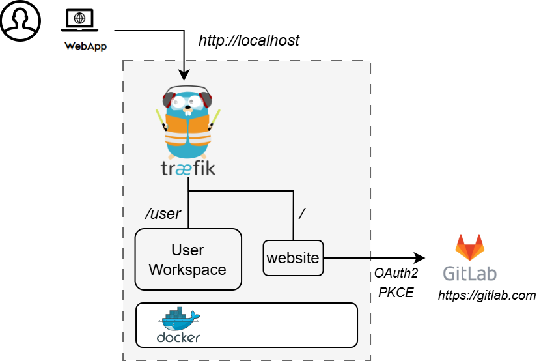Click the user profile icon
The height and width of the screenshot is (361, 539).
point(20,20)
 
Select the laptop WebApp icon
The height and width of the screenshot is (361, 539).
point(79,21)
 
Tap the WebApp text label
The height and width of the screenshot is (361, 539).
point(85,46)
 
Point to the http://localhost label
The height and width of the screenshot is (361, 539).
point(249,40)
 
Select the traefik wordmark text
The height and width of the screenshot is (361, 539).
point(187,169)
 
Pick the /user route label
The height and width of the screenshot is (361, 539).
point(162,213)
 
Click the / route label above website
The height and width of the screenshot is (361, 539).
point(301,213)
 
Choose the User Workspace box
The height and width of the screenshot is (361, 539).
point(188,259)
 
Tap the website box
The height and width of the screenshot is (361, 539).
point(293,258)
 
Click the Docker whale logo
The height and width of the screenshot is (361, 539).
point(180,319)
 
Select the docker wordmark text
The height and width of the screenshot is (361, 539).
point(178,338)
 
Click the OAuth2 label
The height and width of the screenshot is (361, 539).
point(396,274)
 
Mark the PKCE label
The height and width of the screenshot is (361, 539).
point(396,292)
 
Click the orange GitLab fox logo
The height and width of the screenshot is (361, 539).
point(470,248)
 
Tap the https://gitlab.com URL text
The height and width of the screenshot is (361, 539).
point(486,295)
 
